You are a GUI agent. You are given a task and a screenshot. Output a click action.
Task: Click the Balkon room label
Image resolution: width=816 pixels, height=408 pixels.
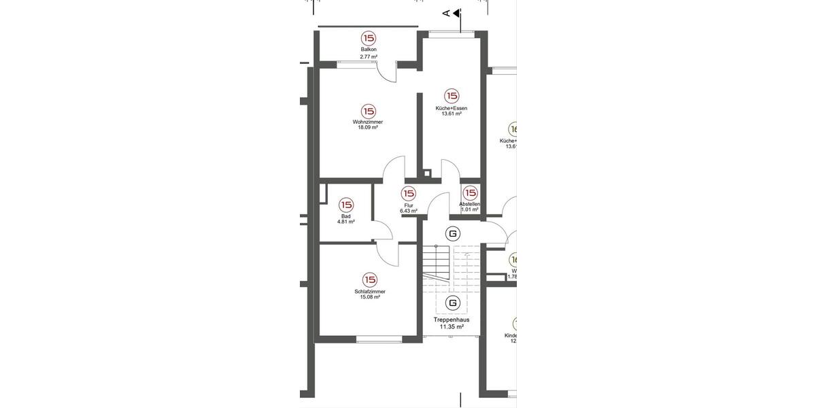pos(369,50)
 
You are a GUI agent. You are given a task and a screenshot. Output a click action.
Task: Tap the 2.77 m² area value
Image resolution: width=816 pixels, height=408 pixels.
pos(369,56)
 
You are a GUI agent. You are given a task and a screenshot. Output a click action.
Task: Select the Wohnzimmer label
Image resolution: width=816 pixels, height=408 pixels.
pos(368,122)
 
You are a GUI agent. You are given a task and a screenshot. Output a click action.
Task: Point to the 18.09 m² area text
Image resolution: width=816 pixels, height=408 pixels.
pos(368,128)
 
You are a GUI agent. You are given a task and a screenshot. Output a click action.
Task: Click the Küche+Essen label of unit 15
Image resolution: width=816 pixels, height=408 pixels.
pos(452,108)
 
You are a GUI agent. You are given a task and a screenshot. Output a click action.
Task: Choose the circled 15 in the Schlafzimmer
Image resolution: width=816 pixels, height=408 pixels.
pos(370,279)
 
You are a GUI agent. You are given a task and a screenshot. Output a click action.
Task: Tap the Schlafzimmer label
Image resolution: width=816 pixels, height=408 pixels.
pos(370,291)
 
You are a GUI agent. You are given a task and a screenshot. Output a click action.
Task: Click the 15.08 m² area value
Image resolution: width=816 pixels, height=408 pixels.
pos(370,297)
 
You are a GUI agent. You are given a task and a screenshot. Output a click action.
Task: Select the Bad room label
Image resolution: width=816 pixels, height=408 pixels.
pos(346,216)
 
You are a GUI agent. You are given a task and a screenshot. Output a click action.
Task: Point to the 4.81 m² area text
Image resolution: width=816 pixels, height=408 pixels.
pos(346,222)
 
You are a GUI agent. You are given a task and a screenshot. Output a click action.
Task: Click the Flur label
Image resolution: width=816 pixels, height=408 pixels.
pos(409,205)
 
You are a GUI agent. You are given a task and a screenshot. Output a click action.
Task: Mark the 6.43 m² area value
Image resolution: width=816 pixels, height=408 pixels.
pos(409,211)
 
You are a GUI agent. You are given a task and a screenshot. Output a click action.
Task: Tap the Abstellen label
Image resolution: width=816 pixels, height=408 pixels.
pos(470,204)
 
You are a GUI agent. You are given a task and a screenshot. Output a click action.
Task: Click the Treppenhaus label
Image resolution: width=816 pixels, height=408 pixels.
pos(452,319)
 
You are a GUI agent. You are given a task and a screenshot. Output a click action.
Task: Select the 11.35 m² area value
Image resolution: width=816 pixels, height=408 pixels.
pos(452,327)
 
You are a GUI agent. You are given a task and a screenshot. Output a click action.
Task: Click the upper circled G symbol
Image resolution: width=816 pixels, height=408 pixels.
pos(452,234)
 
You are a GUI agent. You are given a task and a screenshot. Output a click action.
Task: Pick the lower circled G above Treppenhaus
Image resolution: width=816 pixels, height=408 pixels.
pos(452,303)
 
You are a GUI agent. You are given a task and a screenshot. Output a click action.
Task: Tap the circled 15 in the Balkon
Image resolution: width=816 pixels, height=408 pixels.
pos(369,38)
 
